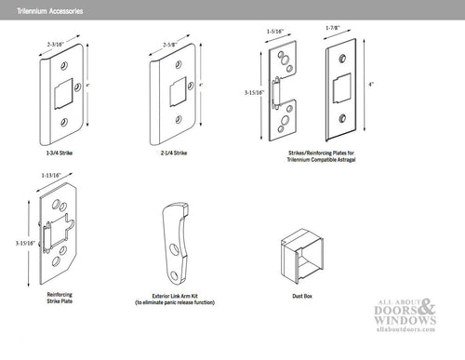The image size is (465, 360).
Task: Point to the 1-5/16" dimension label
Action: tap(276, 32)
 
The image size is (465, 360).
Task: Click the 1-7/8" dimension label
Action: tap(337, 29)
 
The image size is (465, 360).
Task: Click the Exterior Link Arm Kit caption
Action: tap(176, 299)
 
